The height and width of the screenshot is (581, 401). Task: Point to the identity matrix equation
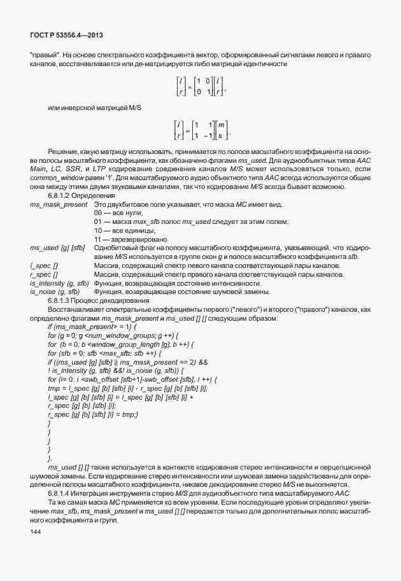(200, 86)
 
